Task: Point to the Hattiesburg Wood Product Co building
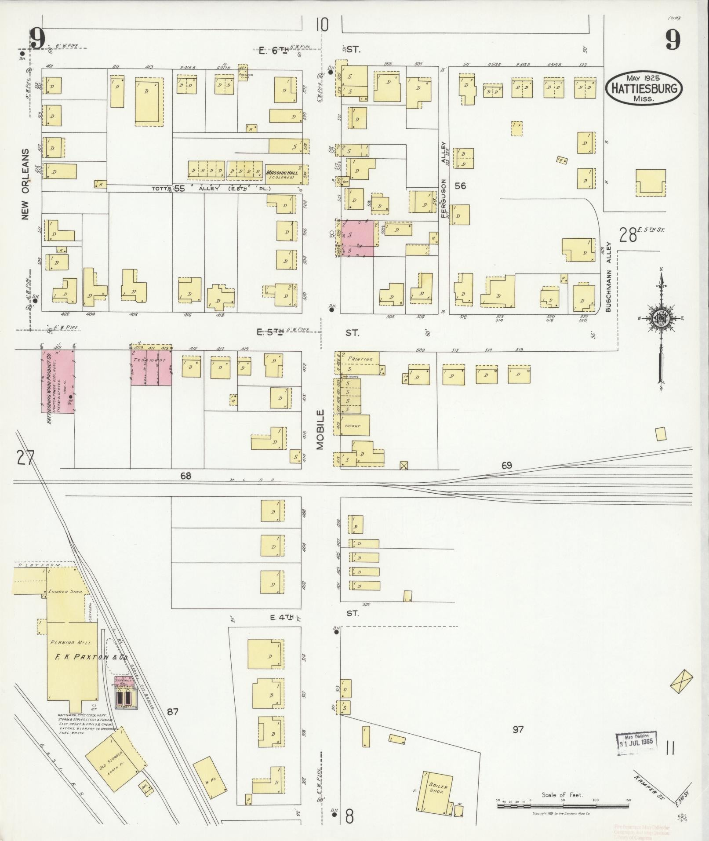[58, 382]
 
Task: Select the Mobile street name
[320, 430]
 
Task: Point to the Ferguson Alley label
[444, 180]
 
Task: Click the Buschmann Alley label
[609, 277]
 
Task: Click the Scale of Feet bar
[563, 806]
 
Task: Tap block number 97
[518, 730]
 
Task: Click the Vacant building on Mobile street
[355, 426]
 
